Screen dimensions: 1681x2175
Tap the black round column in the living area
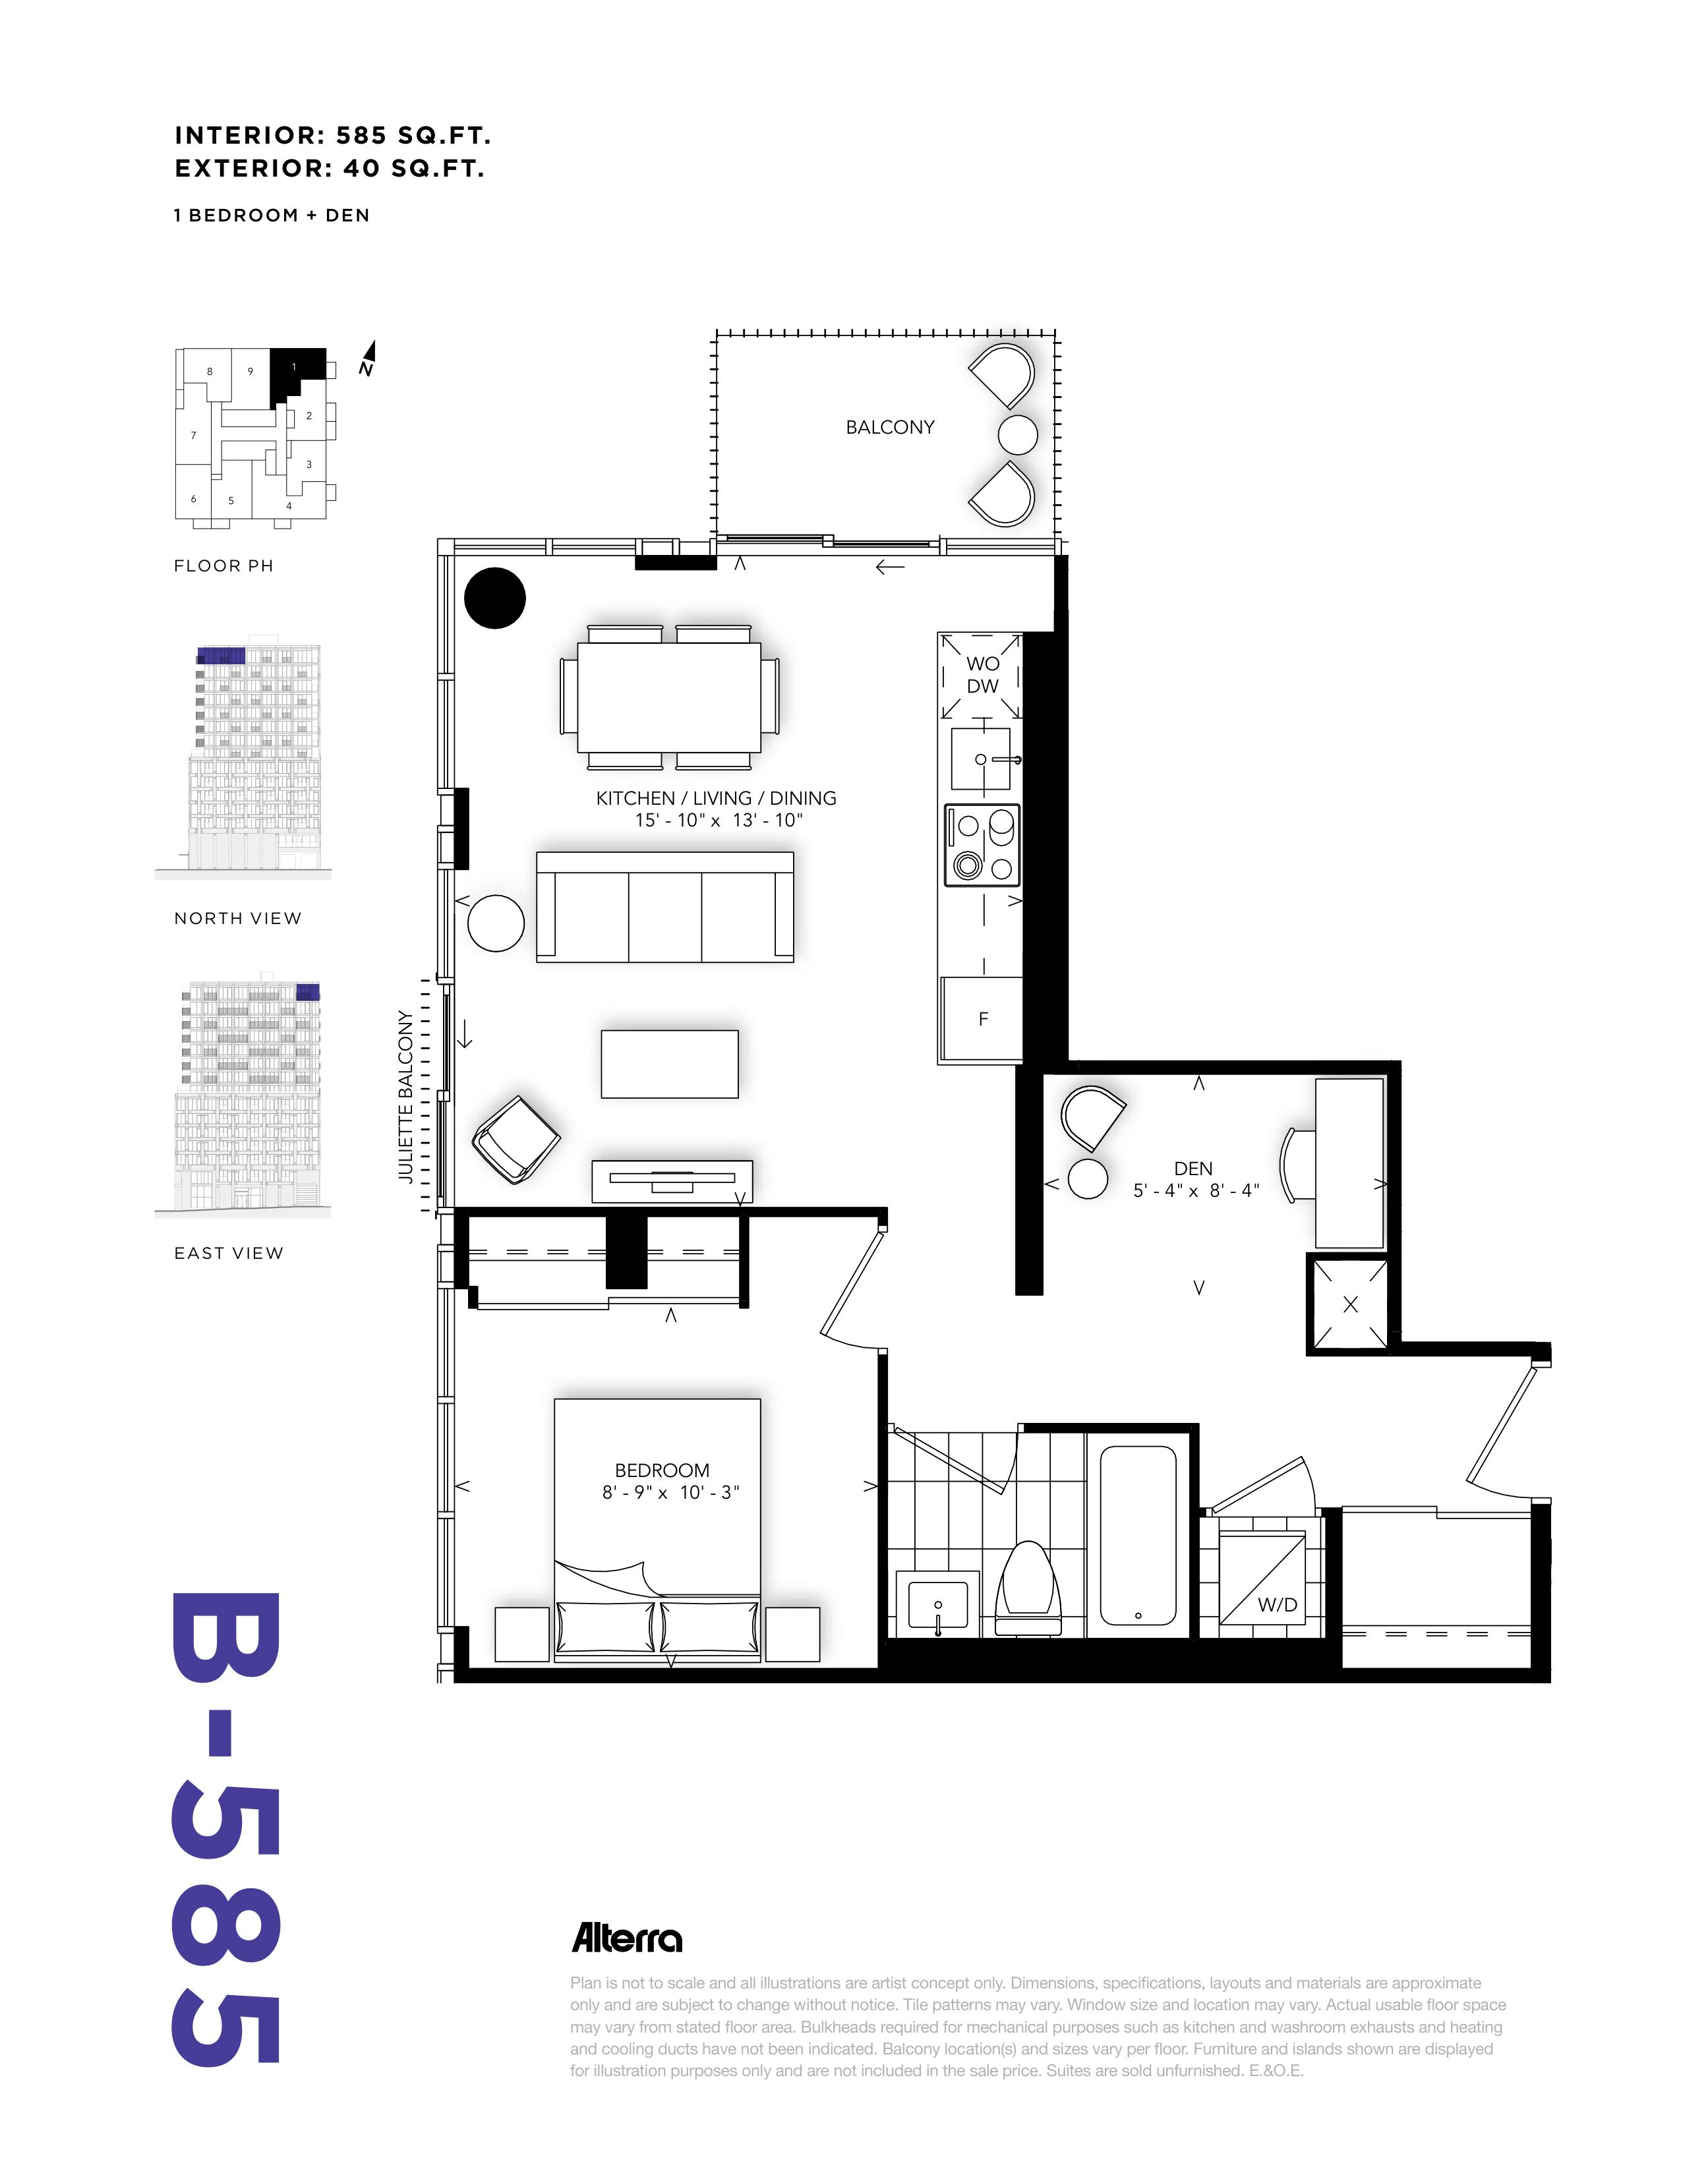[495, 598]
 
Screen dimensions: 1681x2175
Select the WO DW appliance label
[982, 674]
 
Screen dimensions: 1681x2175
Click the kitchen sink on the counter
[981, 759]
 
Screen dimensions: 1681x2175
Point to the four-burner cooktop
[982, 844]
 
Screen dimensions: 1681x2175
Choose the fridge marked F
[982, 1018]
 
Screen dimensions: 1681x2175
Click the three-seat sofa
[664, 906]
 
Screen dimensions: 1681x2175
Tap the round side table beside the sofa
[496, 923]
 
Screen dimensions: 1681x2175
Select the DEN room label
[1193, 1168]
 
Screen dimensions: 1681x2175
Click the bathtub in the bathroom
[1138, 1536]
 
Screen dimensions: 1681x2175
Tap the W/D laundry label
[1278, 1604]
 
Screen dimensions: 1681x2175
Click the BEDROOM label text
[663, 1470]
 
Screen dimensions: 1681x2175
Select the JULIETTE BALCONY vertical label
[405, 1097]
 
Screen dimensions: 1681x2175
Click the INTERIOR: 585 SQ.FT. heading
[333, 135]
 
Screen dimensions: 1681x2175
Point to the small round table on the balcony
[1018, 434]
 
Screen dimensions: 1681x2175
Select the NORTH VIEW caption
[238, 918]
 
